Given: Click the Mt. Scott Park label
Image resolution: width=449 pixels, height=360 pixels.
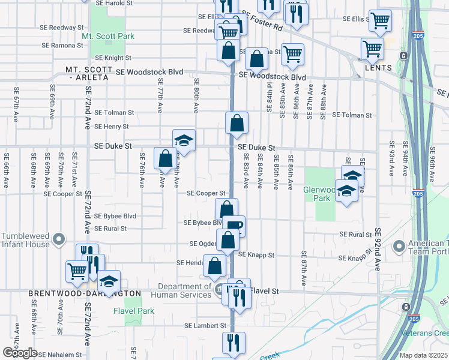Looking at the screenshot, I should [108, 36].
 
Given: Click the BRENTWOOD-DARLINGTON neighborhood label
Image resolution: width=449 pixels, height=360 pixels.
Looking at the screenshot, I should [85, 293].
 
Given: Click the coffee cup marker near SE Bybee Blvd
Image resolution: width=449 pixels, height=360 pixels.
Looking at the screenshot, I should [237, 226].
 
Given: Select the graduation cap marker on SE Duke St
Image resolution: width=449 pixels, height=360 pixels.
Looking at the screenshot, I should [184, 140].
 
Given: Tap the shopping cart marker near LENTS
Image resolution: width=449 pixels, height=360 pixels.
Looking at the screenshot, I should [372, 48].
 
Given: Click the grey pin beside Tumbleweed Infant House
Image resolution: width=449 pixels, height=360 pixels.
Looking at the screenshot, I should [58, 240].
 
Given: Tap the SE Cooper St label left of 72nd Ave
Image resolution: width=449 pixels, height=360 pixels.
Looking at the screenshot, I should [62, 194].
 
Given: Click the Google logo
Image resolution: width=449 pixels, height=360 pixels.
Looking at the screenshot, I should [20, 353].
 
